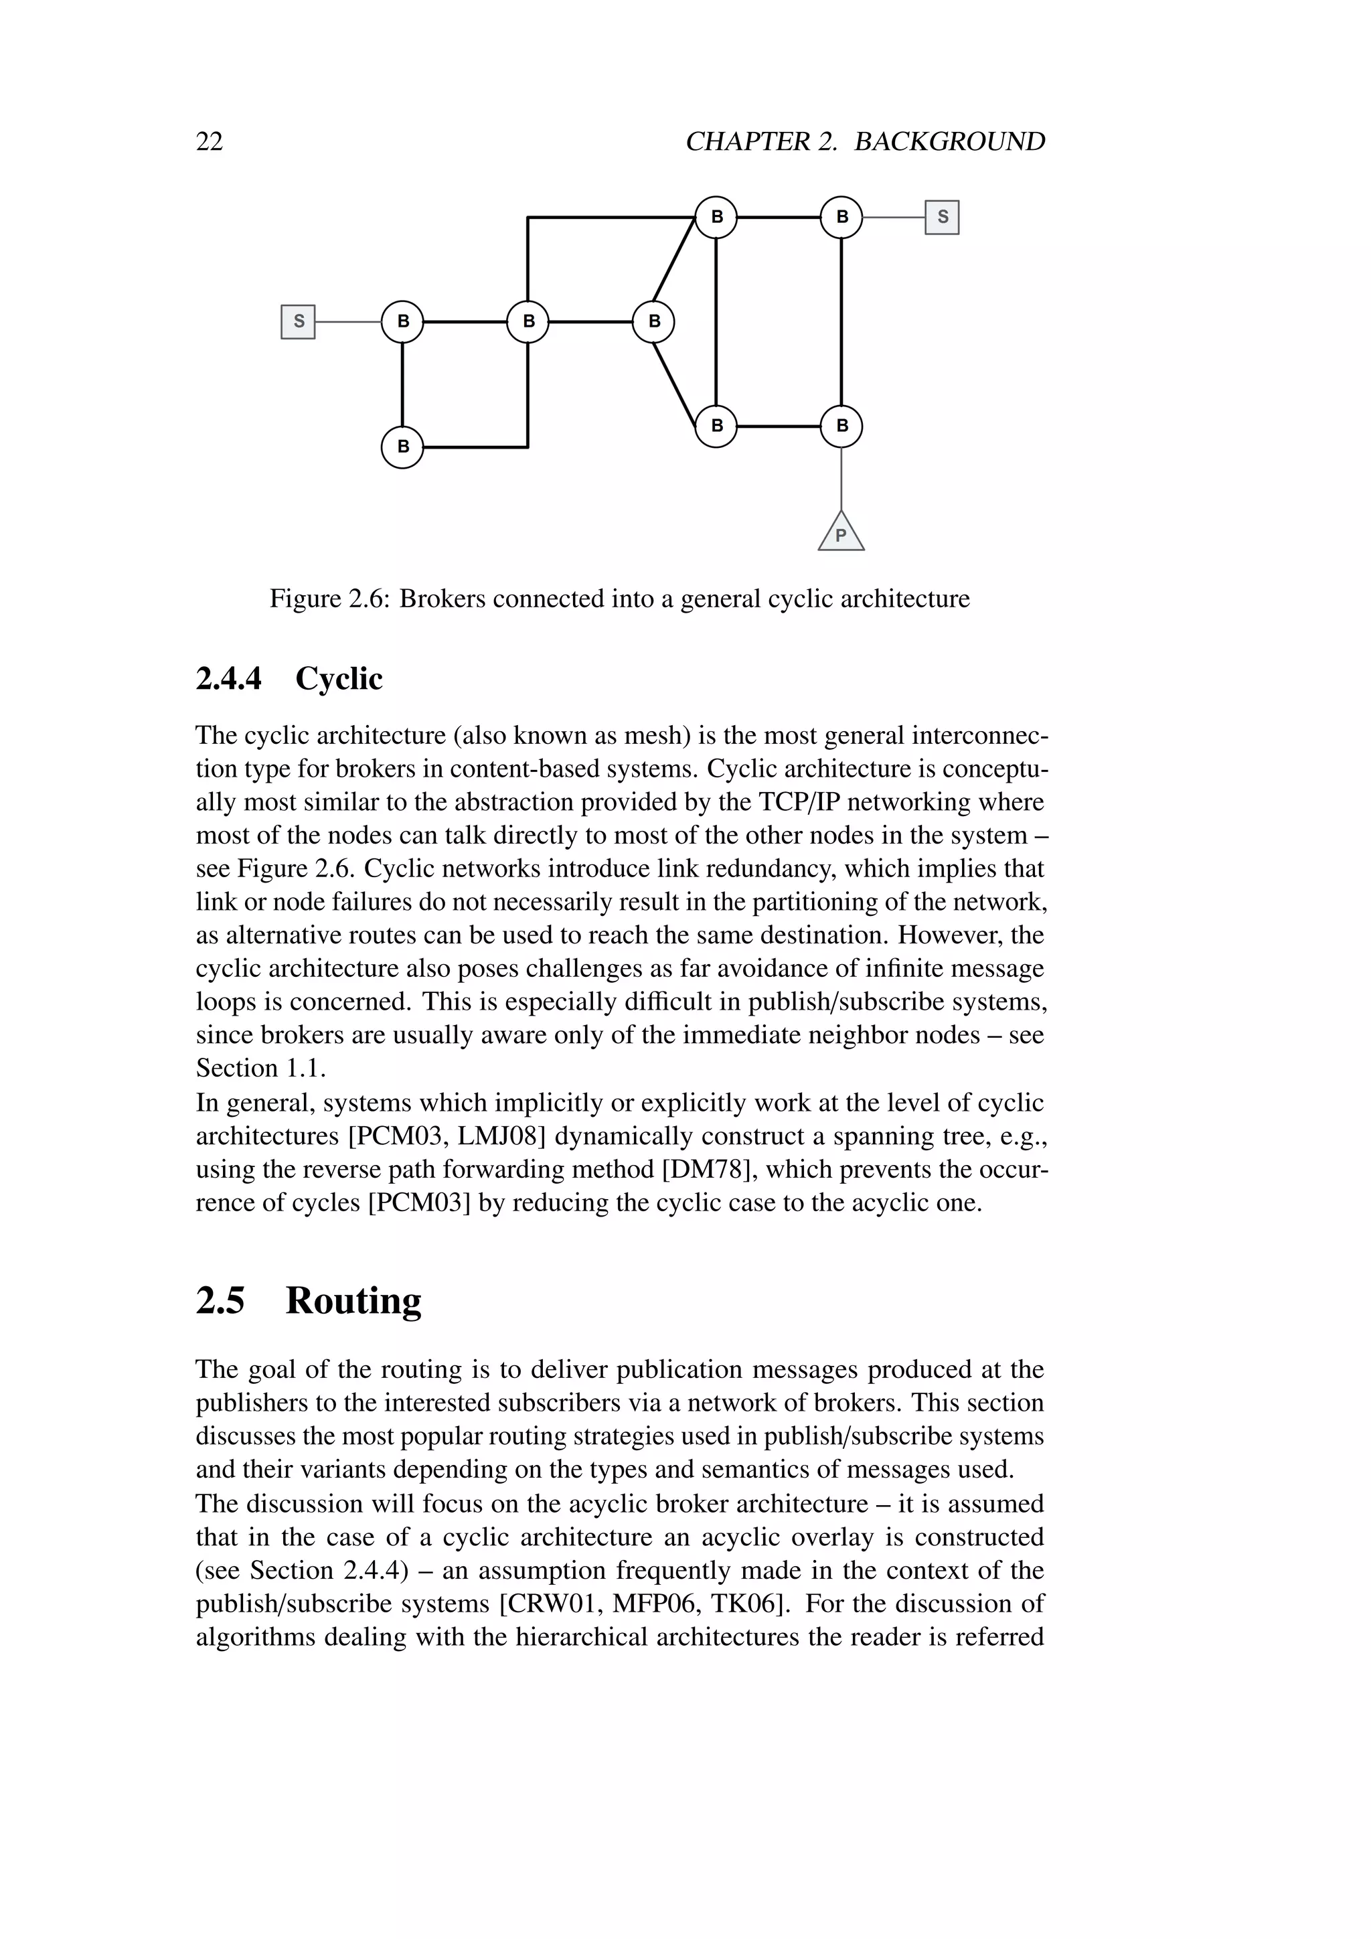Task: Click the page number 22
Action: [210, 141]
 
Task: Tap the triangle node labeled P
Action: [841, 534]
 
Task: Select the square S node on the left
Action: [298, 322]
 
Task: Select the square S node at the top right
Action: [942, 217]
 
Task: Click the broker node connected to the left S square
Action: [403, 322]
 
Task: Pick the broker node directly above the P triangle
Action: [841, 426]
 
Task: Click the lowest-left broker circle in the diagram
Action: [403, 447]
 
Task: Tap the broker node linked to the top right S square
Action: [841, 217]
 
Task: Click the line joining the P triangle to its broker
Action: [841, 479]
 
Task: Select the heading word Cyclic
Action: [339, 678]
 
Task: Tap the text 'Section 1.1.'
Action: [261, 1069]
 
